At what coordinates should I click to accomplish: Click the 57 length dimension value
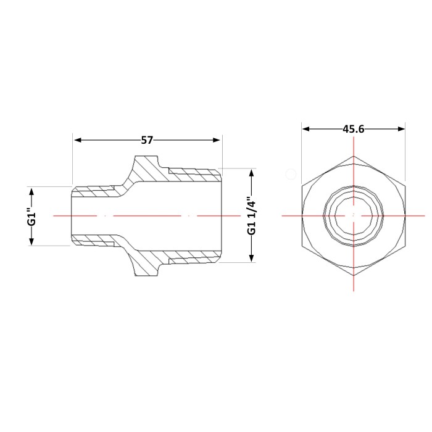click(x=147, y=140)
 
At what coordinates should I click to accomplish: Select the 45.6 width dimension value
click(x=354, y=129)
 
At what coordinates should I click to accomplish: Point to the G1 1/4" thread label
click(x=252, y=216)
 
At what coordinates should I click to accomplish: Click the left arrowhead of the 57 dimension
click(x=78, y=140)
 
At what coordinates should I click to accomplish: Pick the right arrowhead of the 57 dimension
click(x=216, y=140)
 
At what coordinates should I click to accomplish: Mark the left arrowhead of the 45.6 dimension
click(x=306, y=129)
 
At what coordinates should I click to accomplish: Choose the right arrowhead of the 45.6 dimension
click(x=401, y=129)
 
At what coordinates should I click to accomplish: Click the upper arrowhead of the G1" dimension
click(x=31, y=191)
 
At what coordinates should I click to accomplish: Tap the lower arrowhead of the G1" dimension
click(x=31, y=241)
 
